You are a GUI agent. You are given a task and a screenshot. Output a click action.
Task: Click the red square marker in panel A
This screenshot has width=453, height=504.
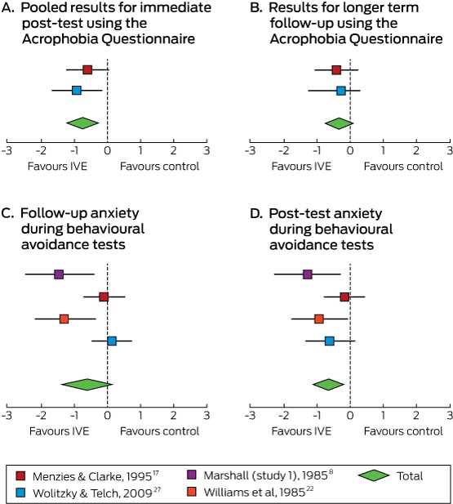pyautogui.click(x=87, y=69)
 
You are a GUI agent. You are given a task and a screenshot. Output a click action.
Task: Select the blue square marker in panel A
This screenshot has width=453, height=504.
pyautogui.click(x=77, y=91)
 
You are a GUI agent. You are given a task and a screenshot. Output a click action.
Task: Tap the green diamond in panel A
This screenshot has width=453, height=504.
pyautogui.click(x=82, y=123)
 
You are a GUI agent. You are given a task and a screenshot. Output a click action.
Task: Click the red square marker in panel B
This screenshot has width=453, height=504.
pyautogui.click(x=336, y=69)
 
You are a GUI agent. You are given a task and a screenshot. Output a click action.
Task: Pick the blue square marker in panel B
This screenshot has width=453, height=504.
pyautogui.click(x=341, y=91)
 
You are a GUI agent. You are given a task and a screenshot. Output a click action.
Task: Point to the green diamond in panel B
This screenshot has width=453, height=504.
pyautogui.click(x=339, y=123)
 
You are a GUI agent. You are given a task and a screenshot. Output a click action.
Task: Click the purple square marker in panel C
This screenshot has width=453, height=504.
pyautogui.click(x=59, y=274)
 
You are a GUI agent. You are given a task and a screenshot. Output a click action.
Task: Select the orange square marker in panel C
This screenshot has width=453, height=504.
pyautogui.click(x=64, y=319)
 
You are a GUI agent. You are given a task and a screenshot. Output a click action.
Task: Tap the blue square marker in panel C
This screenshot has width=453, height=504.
pyautogui.click(x=112, y=341)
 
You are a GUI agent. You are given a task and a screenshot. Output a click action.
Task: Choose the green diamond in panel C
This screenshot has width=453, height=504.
pyautogui.click(x=87, y=385)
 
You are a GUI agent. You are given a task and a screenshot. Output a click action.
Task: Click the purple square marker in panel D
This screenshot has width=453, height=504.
pyautogui.click(x=308, y=274)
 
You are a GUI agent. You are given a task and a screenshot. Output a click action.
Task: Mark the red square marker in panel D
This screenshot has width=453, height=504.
pyautogui.click(x=344, y=297)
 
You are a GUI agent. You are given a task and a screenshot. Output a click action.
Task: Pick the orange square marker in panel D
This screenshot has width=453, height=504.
pyautogui.click(x=319, y=319)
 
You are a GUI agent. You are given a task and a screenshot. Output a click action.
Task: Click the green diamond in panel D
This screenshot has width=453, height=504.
pyautogui.click(x=328, y=385)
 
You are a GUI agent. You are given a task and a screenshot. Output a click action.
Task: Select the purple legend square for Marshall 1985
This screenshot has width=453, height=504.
pyautogui.click(x=192, y=475)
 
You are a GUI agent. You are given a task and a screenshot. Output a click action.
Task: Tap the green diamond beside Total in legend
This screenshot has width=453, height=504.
pyautogui.click(x=374, y=475)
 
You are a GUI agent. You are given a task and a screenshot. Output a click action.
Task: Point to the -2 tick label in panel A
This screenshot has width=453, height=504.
pyautogui.click(x=41, y=150)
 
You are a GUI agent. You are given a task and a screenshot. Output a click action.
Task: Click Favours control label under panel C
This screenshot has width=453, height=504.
pyautogui.click(x=160, y=431)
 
